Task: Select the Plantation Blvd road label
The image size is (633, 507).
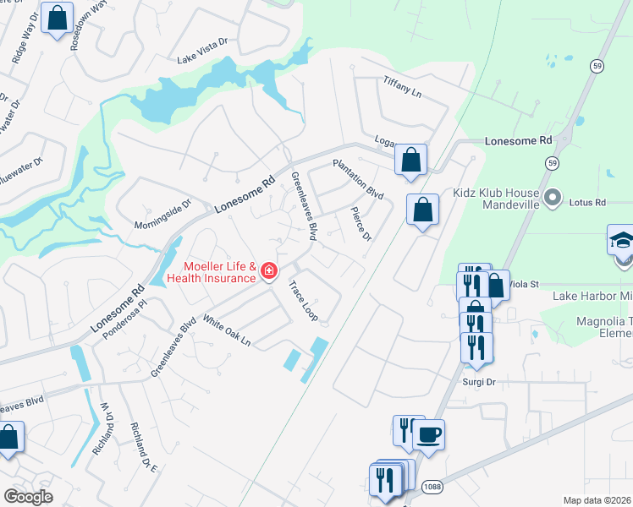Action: (x=358, y=179)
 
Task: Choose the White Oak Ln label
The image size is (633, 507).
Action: (x=226, y=330)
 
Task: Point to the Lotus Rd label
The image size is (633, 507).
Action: (x=588, y=203)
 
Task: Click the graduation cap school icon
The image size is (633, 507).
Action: (x=620, y=241)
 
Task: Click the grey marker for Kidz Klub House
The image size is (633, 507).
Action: (x=553, y=199)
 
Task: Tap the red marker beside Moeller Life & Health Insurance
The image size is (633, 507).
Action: (x=269, y=271)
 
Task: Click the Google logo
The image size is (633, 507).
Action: (x=29, y=496)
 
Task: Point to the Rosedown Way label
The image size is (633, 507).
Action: (x=88, y=25)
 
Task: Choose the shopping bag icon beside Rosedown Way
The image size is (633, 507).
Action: (x=58, y=19)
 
